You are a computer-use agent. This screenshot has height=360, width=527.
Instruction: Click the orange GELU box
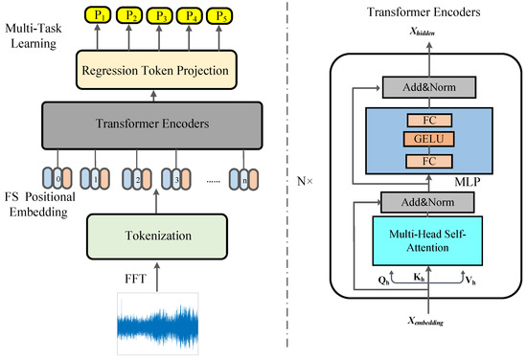point(425,141)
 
